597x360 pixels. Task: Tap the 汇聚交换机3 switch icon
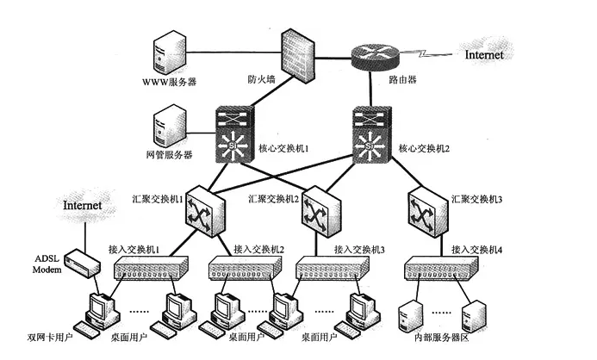point(427,208)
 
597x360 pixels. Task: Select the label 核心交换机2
point(425,148)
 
